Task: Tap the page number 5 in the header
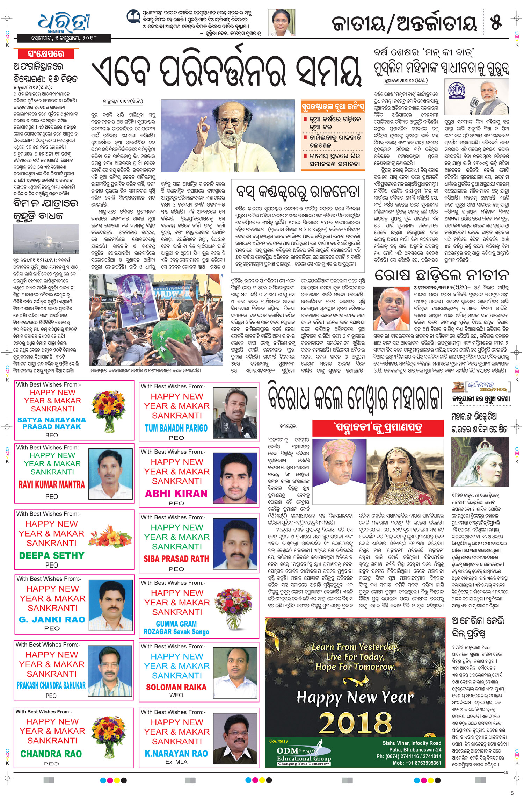tap(496, 22)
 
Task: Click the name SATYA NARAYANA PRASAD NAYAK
tap(51, 423)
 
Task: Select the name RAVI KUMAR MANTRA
tap(52, 484)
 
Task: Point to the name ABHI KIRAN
tap(176, 494)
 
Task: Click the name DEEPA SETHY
tap(52, 555)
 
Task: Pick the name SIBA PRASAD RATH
tap(176, 559)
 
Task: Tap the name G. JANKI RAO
tap(52, 619)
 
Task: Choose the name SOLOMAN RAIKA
tap(176, 687)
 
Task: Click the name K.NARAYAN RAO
tap(176, 753)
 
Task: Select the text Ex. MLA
tap(176, 762)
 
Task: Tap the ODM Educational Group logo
tap(303, 756)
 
